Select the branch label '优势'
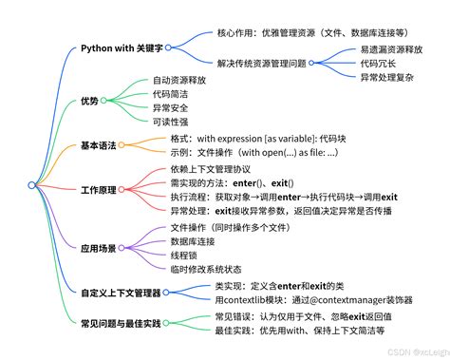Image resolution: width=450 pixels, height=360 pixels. pos(88,100)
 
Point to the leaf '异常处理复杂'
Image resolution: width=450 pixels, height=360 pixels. pos(388,80)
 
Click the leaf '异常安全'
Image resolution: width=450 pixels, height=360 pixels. pos(172,109)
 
